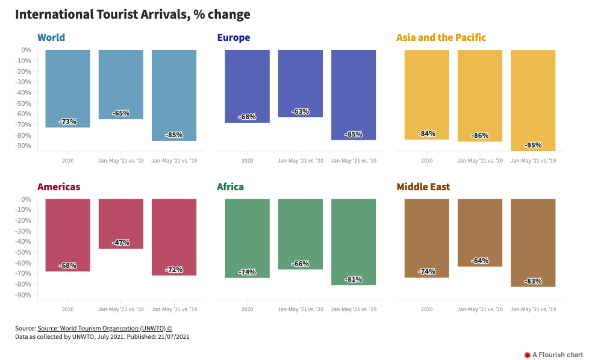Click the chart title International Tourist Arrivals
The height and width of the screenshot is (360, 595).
tap(132, 14)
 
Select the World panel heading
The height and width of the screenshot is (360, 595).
tap(51, 38)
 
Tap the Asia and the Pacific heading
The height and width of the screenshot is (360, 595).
tap(441, 38)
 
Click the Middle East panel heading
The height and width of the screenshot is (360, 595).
tap(423, 187)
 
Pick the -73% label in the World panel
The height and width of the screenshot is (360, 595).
tap(68, 122)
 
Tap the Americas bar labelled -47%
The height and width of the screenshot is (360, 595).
tap(121, 223)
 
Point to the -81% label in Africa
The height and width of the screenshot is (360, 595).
tap(354, 279)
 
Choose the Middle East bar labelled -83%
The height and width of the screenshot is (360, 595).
tap(533, 241)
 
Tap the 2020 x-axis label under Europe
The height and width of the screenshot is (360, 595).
tap(248, 161)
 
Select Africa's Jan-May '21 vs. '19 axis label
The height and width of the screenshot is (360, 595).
tap(354, 309)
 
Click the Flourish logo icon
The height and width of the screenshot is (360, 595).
tap(528, 355)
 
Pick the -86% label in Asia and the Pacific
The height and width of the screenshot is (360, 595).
tap(480, 135)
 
